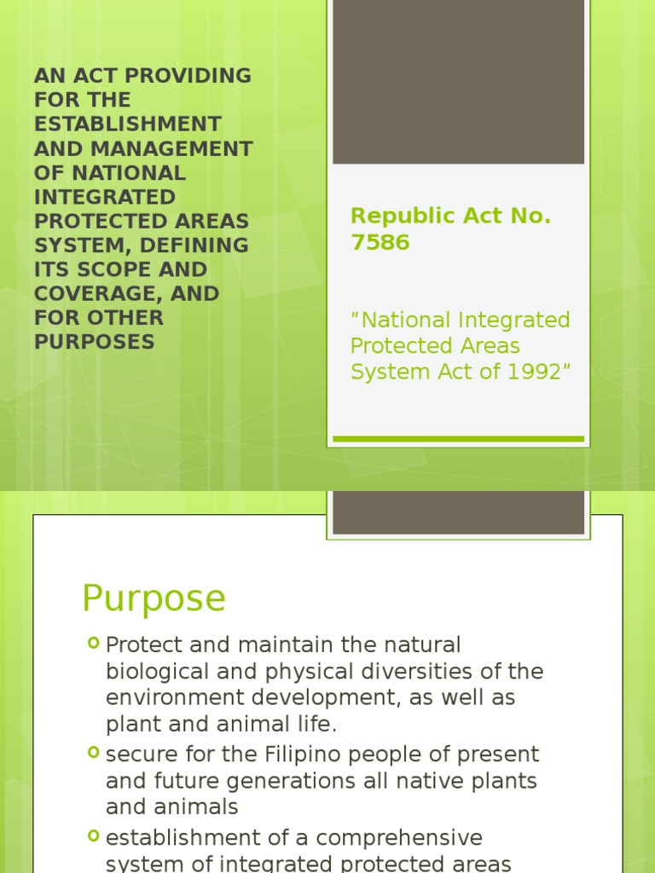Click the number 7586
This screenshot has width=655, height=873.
click(x=380, y=243)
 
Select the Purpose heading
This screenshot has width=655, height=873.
click(x=154, y=598)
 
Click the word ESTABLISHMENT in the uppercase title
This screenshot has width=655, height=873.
click(x=128, y=124)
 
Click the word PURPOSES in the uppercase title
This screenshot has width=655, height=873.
click(x=95, y=342)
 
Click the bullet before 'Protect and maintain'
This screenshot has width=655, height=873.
click(x=94, y=644)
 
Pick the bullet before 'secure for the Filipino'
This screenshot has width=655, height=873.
click(x=94, y=753)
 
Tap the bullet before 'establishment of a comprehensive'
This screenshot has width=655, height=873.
click(x=94, y=835)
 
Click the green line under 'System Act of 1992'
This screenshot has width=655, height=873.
click(x=458, y=439)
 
